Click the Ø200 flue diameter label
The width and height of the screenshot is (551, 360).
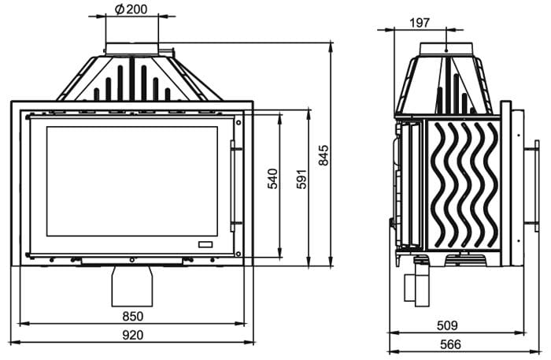[131, 9]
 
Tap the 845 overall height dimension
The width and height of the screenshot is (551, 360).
[324, 154]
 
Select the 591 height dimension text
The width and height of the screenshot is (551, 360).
[301, 179]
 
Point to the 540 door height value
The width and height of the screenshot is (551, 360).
[272, 179]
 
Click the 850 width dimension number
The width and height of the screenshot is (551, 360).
[133, 317]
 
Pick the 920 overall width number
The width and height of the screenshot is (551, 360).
[133, 335]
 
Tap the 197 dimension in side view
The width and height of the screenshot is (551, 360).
[420, 23]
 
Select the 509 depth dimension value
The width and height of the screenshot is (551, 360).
[447, 325]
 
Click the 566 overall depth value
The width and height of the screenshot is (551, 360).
[450, 344]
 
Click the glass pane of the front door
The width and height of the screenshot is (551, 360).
[132, 181]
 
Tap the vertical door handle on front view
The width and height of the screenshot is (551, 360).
[232, 186]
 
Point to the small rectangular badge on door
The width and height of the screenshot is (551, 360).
[205, 245]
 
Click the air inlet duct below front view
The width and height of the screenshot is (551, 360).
[132, 286]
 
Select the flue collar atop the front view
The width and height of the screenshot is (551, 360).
[132, 49]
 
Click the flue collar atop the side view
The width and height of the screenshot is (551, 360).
[446, 49]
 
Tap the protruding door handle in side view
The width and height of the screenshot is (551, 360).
[531, 186]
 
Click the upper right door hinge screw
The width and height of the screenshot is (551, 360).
[239, 123]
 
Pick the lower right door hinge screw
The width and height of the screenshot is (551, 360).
[239, 254]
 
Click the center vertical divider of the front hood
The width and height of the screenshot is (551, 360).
[132, 79]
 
